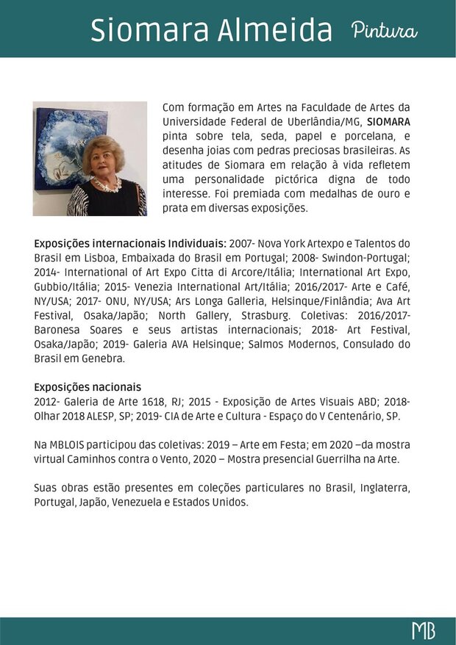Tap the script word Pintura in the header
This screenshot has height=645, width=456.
pyautogui.click(x=384, y=31)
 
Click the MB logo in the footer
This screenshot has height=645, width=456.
pyautogui.click(x=423, y=631)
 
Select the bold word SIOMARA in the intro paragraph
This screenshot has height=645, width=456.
pyautogui.click(x=388, y=121)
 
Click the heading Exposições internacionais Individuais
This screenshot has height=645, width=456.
pyautogui.click(x=129, y=243)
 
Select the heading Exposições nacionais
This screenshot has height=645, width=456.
pyautogui.click(x=88, y=387)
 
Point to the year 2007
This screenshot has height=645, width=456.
pyautogui.click(x=242, y=243)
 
